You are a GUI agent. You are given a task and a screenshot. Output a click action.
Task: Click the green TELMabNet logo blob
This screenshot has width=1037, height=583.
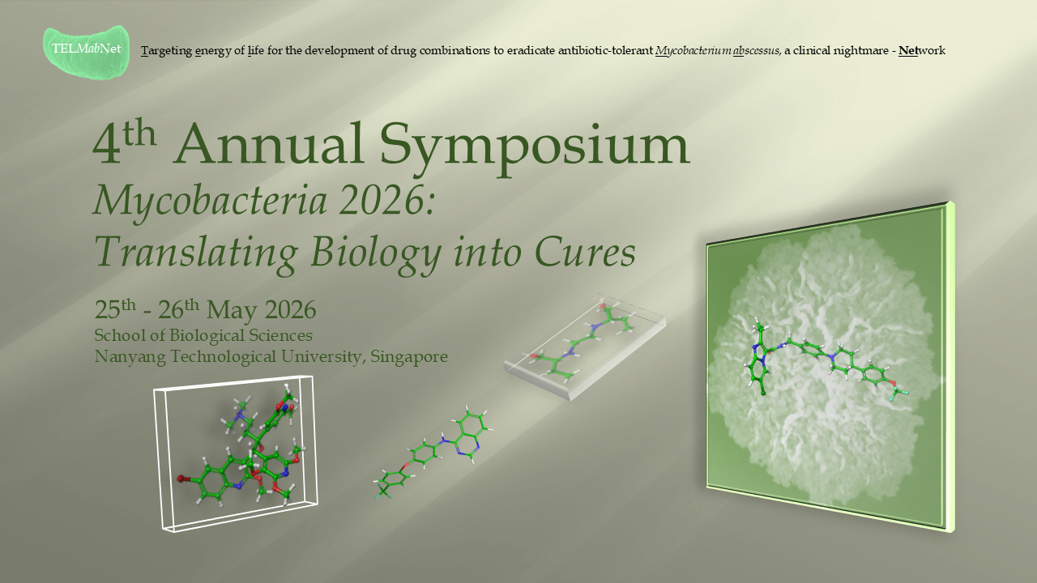pos(86,51)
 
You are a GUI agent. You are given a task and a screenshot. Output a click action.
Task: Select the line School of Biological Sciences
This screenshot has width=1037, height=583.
pos(203,335)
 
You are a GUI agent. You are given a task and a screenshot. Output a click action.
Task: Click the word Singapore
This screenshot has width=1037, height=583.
pos(408,356)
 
